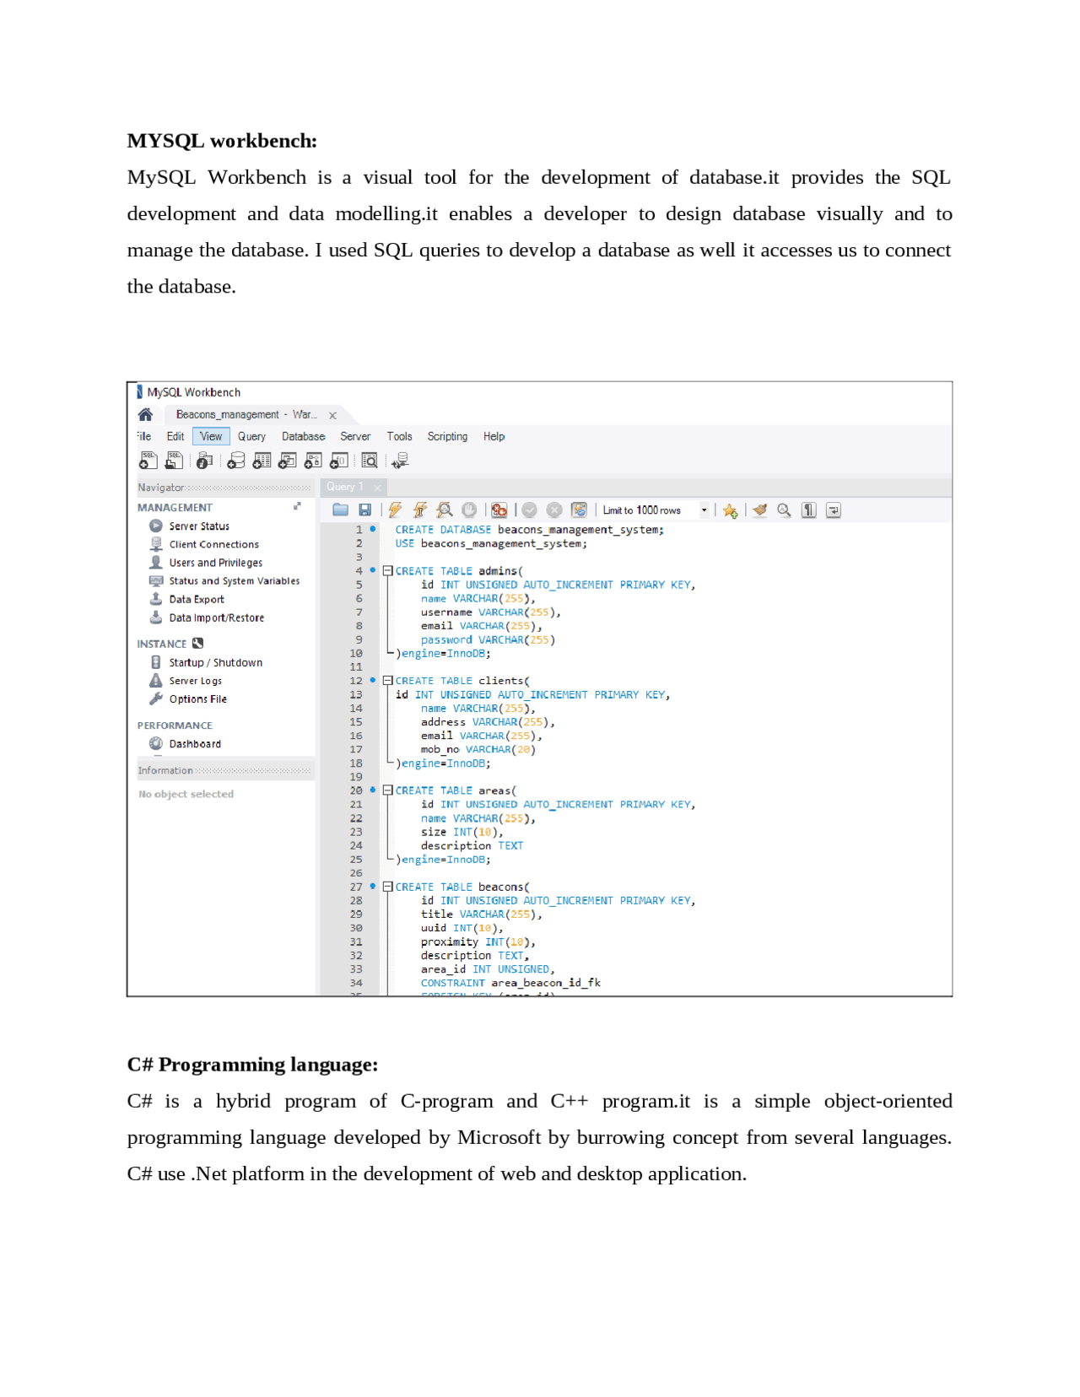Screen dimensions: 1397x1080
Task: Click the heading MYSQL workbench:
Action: tap(222, 141)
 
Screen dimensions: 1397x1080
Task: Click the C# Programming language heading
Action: tap(252, 1065)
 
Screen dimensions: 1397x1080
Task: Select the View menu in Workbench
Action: tap(211, 436)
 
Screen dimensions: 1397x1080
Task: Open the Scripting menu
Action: tap(447, 436)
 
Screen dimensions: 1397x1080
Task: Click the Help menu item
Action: tap(494, 436)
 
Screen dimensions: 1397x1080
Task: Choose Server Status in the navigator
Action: tap(198, 526)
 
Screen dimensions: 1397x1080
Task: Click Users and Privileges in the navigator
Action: tap(215, 563)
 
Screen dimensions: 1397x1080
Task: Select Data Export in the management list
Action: tap(196, 600)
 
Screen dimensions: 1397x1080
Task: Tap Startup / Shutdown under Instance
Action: tap(215, 663)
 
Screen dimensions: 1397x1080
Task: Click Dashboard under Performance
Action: tap(194, 744)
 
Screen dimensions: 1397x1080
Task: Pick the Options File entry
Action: tap(197, 699)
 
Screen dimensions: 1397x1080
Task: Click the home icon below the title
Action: tap(145, 414)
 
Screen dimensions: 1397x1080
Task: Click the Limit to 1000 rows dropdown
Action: tap(655, 510)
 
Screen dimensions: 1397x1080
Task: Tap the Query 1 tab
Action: tap(345, 487)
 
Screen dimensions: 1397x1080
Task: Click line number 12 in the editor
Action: tap(356, 681)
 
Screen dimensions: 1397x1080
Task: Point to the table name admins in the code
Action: tap(498, 571)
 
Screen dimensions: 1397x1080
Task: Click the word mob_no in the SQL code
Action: tap(440, 750)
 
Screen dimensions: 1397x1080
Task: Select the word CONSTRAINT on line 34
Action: tap(452, 983)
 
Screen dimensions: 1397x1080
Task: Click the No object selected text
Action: tap(186, 795)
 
